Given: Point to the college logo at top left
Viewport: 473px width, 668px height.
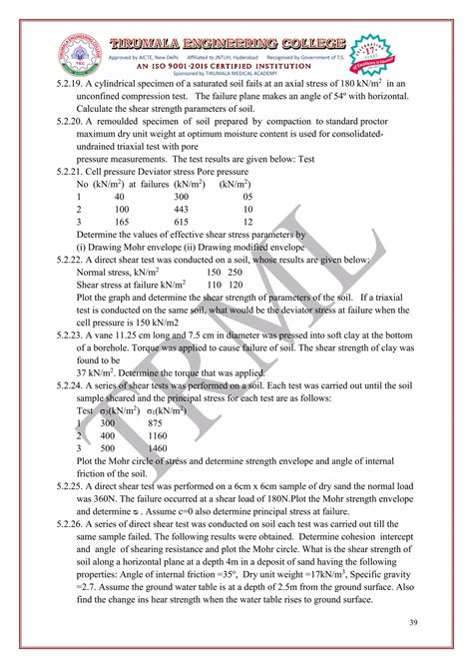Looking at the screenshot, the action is (x=58, y=41).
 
